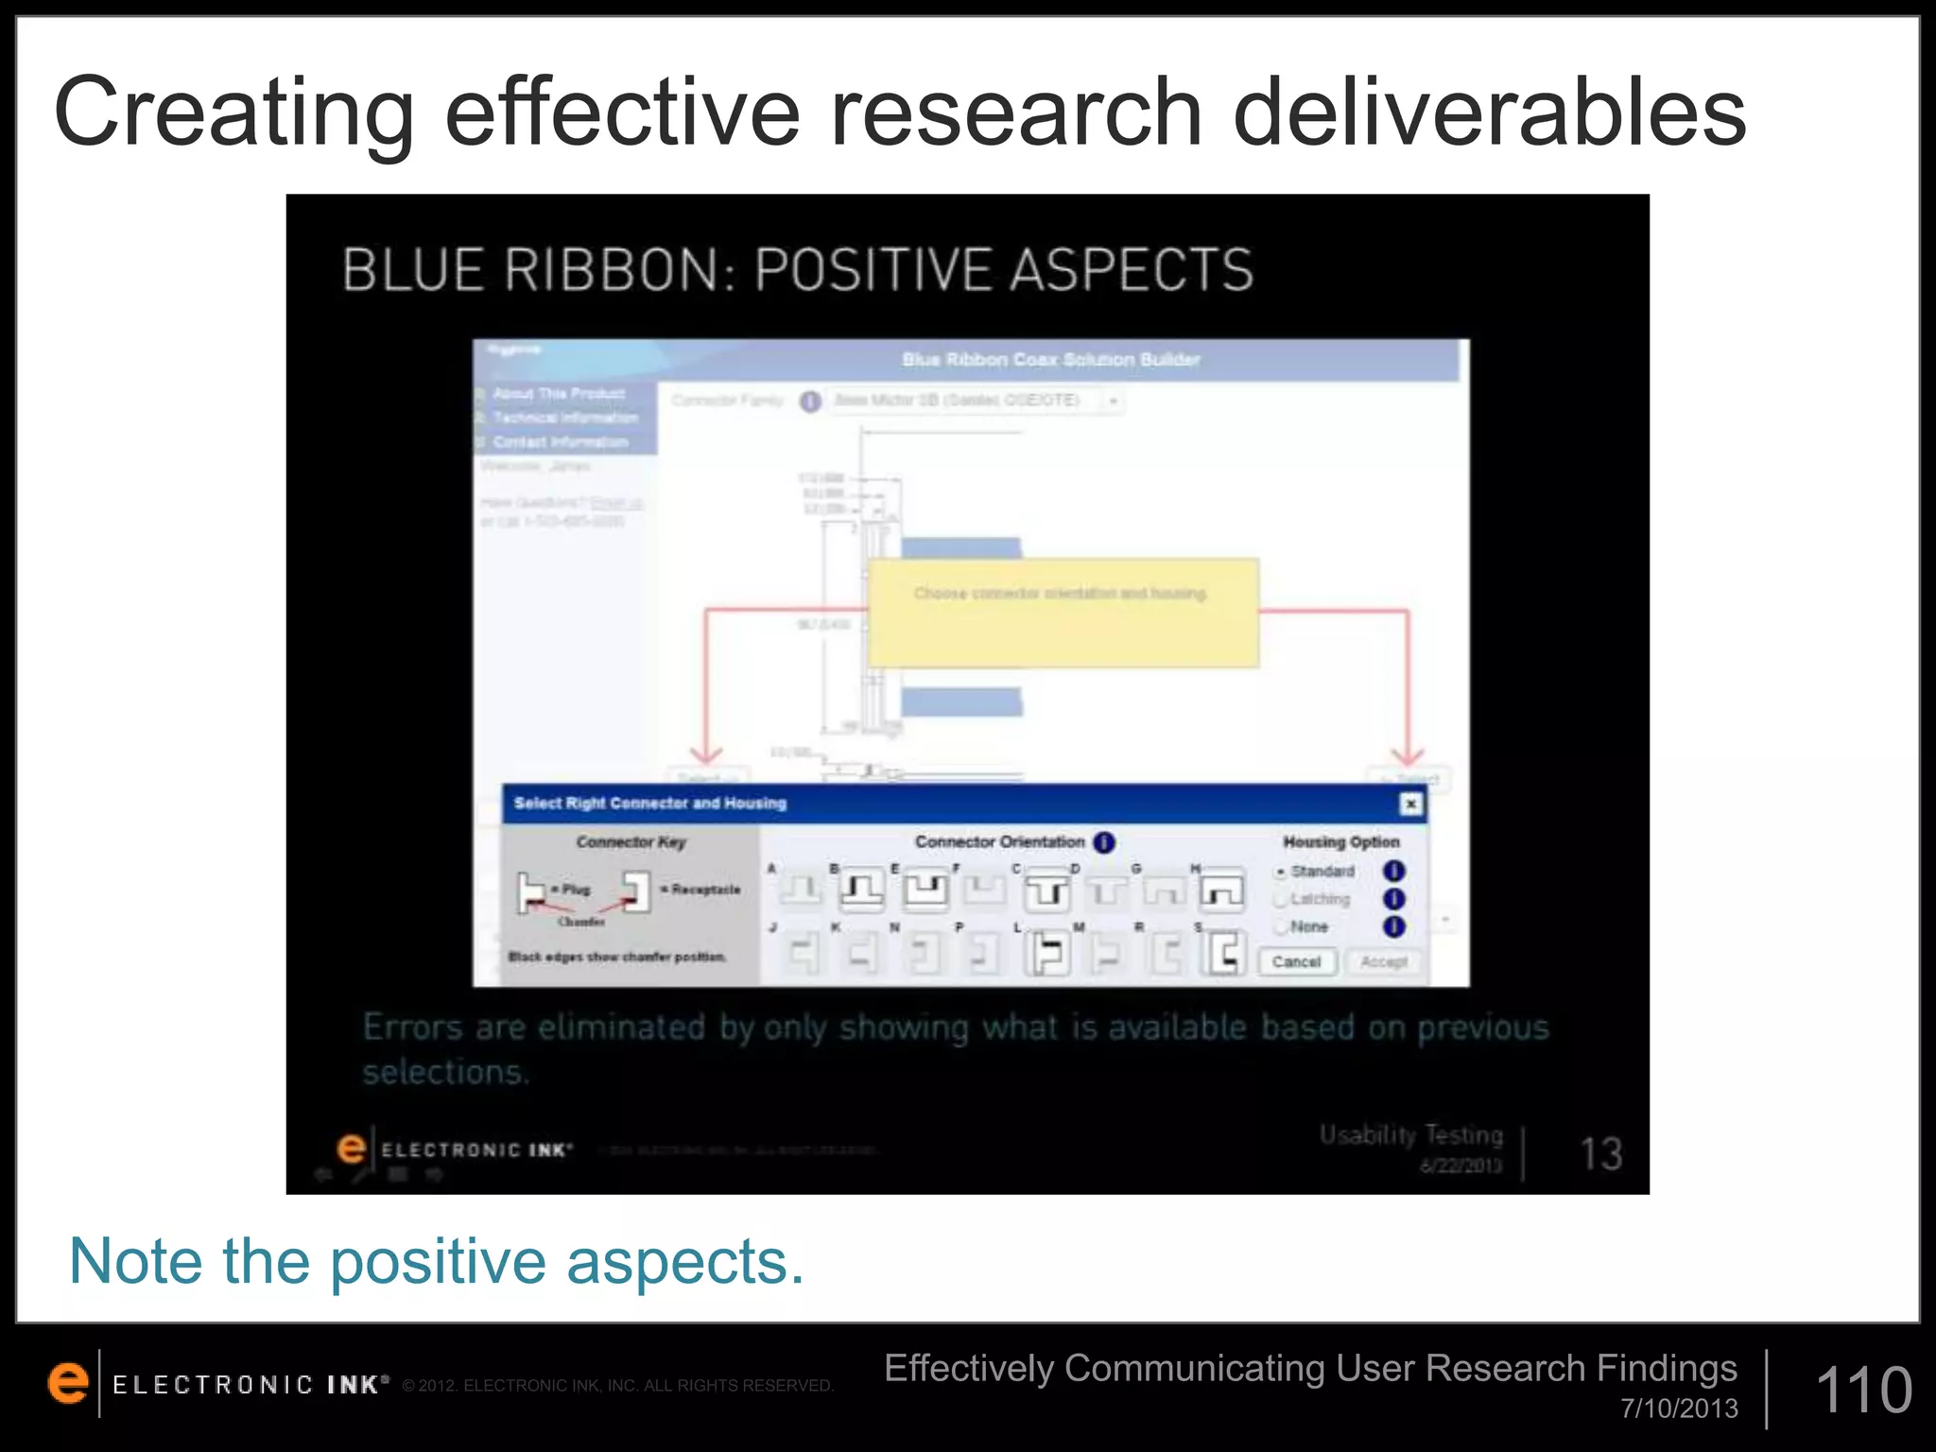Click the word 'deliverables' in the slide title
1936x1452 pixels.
pos(1489,113)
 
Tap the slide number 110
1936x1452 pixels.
pos(1863,1390)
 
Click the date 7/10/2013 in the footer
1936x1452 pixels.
pos(1679,1409)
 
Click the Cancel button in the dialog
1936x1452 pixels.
pos(1296,961)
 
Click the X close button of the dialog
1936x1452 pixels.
pos(1410,804)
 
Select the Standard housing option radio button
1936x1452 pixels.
pos(1281,872)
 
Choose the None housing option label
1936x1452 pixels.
pos(1309,926)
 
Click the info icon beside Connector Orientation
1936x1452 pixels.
pos(1104,841)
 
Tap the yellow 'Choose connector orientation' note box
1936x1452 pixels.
pos(1063,613)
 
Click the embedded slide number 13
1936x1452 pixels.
pos(1601,1153)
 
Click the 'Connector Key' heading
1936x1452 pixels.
pos(631,841)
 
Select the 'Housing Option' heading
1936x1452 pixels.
pos(1340,841)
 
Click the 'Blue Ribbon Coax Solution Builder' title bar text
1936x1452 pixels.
pos(1050,359)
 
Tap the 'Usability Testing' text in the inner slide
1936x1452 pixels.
pos(1410,1134)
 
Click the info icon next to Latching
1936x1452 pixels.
pos(1393,899)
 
